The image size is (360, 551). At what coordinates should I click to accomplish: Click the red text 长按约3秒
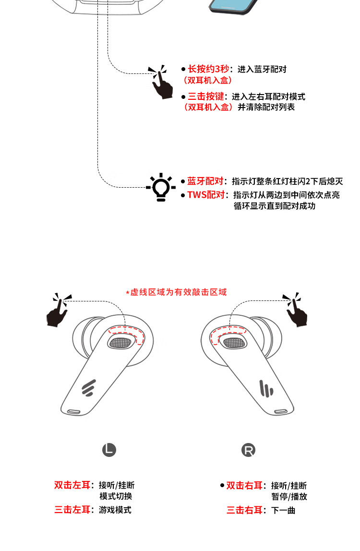tap(208, 69)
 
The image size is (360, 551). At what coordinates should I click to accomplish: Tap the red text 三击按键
tap(205, 96)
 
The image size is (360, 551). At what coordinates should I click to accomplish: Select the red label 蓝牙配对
tap(205, 181)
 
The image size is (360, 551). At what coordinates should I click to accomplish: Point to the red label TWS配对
tap(205, 195)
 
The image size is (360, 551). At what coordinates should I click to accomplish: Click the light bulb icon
tap(161, 187)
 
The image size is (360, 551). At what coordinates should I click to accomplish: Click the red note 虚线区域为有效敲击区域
tap(176, 292)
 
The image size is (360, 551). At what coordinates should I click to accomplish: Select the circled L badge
tap(109, 450)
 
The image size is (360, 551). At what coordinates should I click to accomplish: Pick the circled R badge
tap(248, 450)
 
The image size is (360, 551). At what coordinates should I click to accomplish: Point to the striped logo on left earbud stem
tap(89, 388)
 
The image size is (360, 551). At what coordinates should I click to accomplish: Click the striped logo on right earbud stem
tap(266, 389)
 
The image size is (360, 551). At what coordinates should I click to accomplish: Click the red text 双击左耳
tap(72, 485)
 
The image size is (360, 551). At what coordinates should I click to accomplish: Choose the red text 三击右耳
tap(245, 510)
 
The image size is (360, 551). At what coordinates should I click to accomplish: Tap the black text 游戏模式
tap(115, 510)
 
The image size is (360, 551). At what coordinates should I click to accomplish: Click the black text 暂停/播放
tap(289, 497)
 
